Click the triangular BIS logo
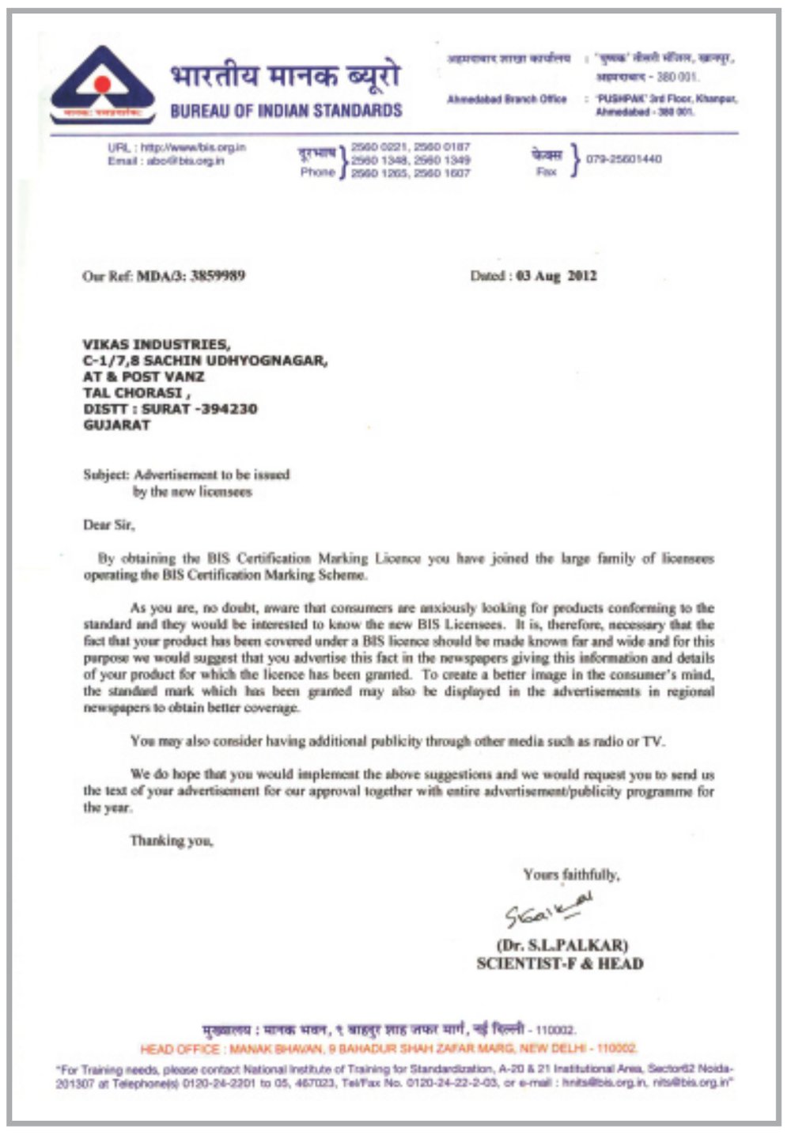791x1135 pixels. click(x=102, y=85)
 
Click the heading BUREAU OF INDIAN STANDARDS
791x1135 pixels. click(x=286, y=111)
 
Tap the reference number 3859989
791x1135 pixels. click(x=218, y=276)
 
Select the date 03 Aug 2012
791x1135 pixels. click(x=556, y=276)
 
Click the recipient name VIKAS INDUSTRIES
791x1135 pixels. click(x=156, y=344)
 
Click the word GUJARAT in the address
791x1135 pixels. click(x=116, y=425)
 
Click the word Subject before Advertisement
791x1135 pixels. click(x=106, y=475)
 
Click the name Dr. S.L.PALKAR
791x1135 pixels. click(x=562, y=945)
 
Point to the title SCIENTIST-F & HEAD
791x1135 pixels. click(x=560, y=963)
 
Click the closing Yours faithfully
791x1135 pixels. click(x=571, y=875)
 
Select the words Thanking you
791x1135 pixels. click(x=172, y=841)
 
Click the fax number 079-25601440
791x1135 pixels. click(x=624, y=159)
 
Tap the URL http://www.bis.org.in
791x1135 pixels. click(x=193, y=147)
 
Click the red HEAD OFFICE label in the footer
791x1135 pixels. click(x=180, y=1049)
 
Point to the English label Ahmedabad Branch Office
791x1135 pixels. click(x=507, y=99)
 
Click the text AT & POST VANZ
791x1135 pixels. click(x=143, y=376)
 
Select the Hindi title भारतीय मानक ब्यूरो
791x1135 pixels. click(x=285, y=77)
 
